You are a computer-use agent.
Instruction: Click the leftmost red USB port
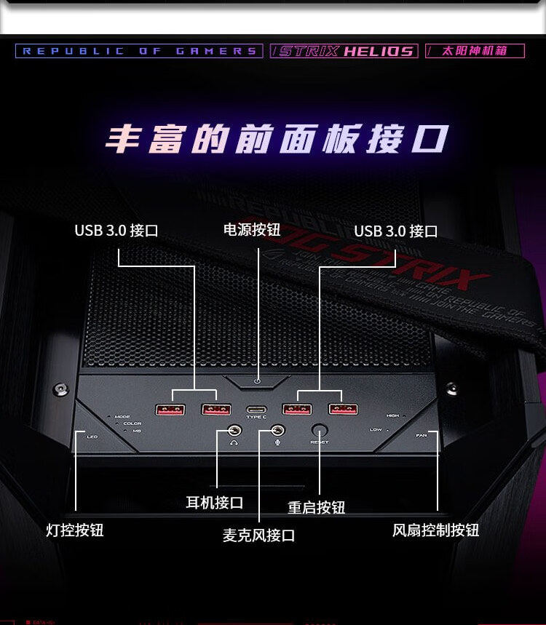[x=170, y=410]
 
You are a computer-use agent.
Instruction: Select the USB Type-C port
[x=256, y=410]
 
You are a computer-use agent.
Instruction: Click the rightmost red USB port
[x=343, y=409]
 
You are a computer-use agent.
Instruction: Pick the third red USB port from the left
[x=297, y=409]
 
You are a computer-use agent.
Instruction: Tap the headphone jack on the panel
[x=234, y=431]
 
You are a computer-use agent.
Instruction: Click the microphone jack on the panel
[x=277, y=431]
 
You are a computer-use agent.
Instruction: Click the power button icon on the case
[x=258, y=381]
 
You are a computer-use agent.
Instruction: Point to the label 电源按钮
[x=251, y=230]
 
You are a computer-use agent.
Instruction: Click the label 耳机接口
[x=214, y=503]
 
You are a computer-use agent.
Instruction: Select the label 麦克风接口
[x=258, y=536]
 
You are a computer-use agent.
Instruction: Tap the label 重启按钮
[x=316, y=507]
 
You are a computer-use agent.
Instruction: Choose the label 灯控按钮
[x=75, y=530]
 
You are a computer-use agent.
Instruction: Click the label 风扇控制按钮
[x=435, y=530]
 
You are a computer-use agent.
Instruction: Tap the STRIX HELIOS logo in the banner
[x=344, y=51]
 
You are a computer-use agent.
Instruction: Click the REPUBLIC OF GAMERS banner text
[x=139, y=51]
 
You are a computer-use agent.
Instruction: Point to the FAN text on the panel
[x=422, y=435]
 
